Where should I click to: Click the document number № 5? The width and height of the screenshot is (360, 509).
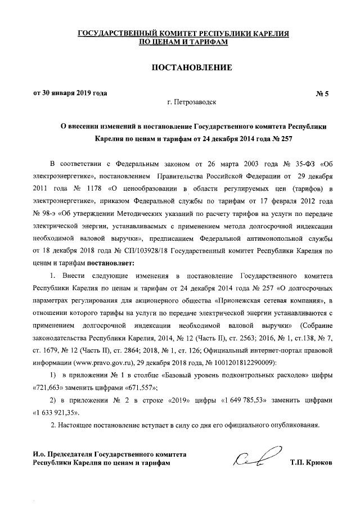326,94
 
